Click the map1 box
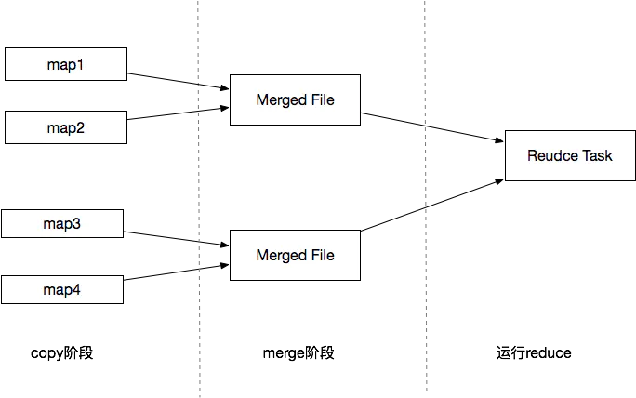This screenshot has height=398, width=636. tap(65, 64)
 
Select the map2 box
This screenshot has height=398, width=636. tap(65, 128)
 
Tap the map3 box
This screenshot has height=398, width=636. tap(62, 223)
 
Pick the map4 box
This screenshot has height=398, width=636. tap(62, 289)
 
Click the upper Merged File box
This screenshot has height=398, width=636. tap(295, 99)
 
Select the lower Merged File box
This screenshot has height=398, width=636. tap(295, 255)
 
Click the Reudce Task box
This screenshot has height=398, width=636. tap(570, 155)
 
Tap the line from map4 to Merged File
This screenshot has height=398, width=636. tap(163, 273)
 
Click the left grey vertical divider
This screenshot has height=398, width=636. tap(197, 186)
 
